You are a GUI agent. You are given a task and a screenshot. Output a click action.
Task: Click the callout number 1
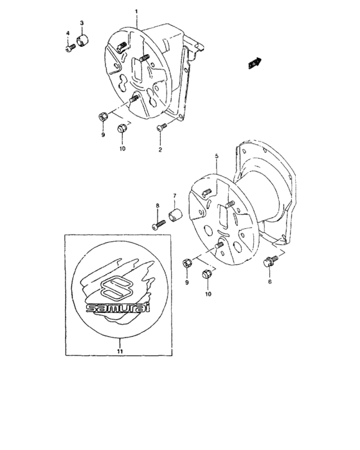click(x=136, y=12)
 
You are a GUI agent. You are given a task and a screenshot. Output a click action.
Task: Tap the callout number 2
click(x=161, y=149)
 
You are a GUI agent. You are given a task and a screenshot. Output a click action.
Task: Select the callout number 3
click(x=82, y=23)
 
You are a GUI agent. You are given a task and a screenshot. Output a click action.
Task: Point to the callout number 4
click(x=67, y=32)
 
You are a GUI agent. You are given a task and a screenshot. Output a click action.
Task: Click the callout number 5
click(x=217, y=156)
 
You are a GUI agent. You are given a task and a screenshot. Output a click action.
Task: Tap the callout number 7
click(x=173, y=195)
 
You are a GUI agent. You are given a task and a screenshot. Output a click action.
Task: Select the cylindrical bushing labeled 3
click(x=84, y=44)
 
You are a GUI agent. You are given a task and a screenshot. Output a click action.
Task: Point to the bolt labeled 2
click(x=162, y=127)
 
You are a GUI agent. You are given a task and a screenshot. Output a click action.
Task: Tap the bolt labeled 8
click(x=159, y=224)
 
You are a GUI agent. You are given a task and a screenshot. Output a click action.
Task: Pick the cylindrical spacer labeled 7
click(x=175, y=214)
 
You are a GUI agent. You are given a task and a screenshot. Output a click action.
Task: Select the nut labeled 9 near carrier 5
click(x=187, y=262)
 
